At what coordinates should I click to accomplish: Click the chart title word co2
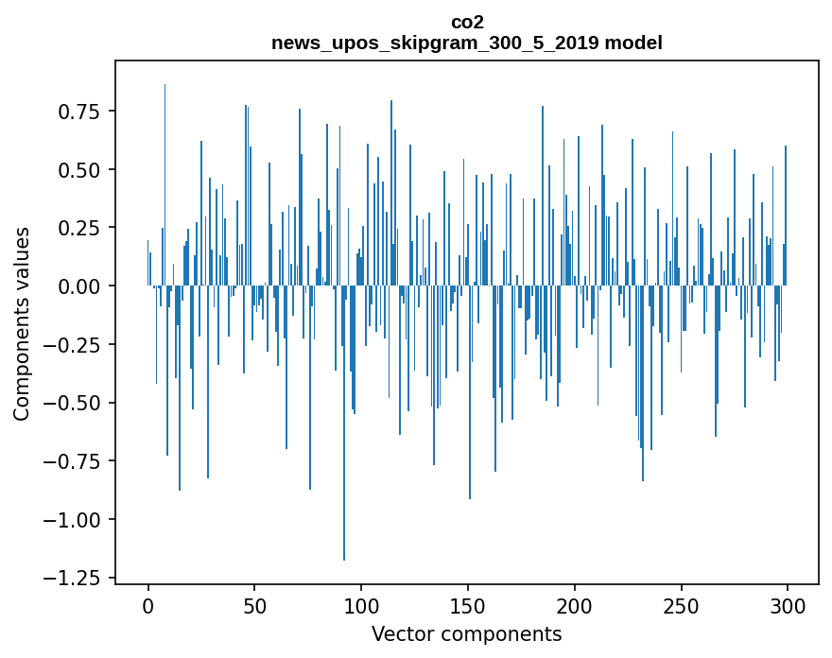[467, 22]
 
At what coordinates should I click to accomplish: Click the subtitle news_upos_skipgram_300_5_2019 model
[467, 43]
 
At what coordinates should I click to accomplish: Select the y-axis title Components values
[21, 323]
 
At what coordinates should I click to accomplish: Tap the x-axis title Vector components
[467, 634]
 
